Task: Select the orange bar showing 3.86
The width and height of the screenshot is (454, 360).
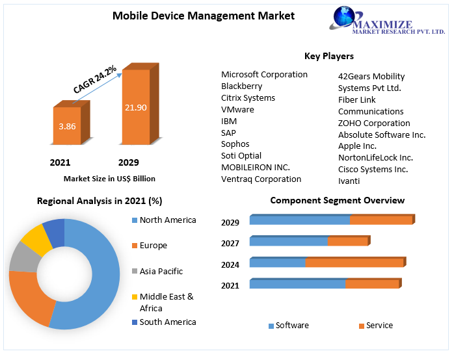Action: [x=67, y=126]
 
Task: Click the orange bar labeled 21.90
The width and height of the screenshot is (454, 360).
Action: [x=136, y=107]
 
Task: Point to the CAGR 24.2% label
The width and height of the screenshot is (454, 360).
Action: [x=95, y=79]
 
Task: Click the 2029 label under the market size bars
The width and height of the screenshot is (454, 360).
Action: [x=128, y=162]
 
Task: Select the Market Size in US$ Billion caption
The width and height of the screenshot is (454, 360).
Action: [x=109, y=178]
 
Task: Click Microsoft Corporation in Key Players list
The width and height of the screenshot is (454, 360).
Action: [x=264, y=74]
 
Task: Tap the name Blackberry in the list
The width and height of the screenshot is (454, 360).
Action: [x=241, y=86]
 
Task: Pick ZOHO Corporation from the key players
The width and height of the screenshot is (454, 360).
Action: [x=374, y=123]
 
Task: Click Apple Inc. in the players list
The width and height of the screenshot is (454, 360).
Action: [x=357, y=146]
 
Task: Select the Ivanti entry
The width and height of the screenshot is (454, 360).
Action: [x=349, y=181]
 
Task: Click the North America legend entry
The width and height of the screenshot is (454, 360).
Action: [x=167, y=220]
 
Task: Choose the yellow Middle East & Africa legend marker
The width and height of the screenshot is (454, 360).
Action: [x=135, y=297]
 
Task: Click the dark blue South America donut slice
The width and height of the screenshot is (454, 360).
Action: [x=55, y=232]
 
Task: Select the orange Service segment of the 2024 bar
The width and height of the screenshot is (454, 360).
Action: [x=354, y=263]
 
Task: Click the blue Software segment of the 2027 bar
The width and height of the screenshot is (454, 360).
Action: [x=288, y=242]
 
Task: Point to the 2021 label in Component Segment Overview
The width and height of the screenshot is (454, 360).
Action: [x=230, y=285]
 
